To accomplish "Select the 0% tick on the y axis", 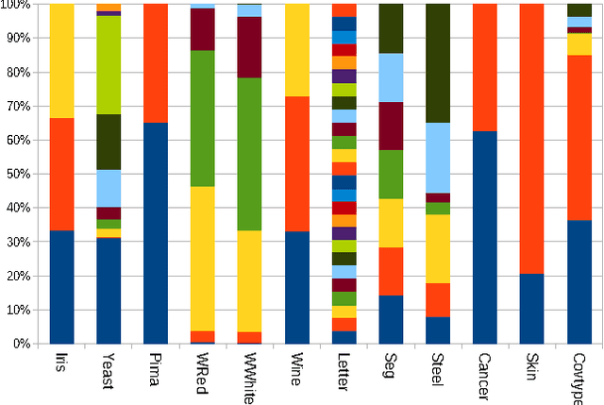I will click(21, 344).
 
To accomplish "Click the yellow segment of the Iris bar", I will click(62, 60).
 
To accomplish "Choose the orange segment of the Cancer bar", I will click(486, 67).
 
